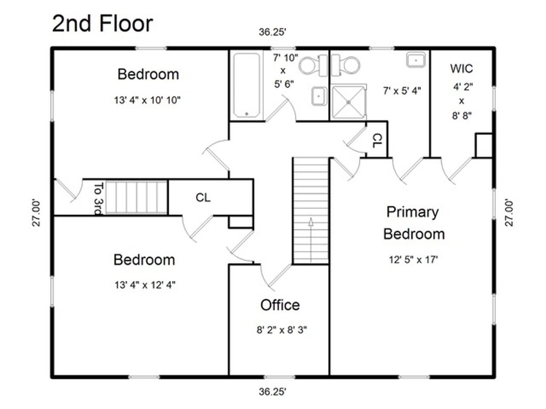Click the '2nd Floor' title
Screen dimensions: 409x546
pos(102,23)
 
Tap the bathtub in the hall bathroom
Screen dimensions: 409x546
pos(246,86)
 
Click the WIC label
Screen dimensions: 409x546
pos(461,69)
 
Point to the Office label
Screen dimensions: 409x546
pos(280,305)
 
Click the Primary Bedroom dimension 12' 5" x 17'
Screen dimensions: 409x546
pos(413,260)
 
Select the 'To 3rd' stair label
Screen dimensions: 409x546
pos(98,198)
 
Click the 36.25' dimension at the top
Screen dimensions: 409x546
pos(272,32)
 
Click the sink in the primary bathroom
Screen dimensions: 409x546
pos(416,60)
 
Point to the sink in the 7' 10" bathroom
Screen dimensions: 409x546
pos(319,96)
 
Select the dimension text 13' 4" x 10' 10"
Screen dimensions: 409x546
pos(147,100)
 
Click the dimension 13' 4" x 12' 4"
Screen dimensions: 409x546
pos(145,285)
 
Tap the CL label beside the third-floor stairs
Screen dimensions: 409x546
pos(203,198)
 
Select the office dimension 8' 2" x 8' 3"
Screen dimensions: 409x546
pos(282,330)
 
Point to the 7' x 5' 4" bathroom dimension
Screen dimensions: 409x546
pos(402,91)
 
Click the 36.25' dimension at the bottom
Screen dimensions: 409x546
pos(272,392)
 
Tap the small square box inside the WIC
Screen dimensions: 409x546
pos(484,145)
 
